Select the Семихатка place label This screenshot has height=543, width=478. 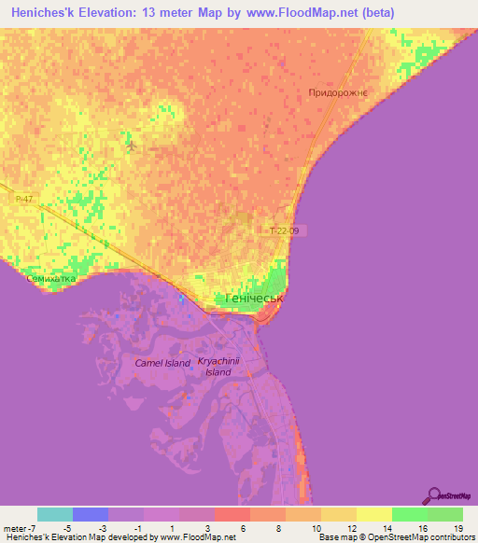[x=49, y=278]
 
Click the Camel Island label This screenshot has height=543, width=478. [x=162, y=363]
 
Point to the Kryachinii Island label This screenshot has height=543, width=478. [x=215, y=366]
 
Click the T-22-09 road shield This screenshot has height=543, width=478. [x=287, y=230]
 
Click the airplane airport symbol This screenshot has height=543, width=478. [x=132, y=146]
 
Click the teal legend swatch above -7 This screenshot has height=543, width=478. [x=54, y=514]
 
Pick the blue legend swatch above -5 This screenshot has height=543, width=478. [x=90, y=514]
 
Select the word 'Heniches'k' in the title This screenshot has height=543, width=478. [x=49, y=13]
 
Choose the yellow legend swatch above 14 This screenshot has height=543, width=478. [x=373, y=514]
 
